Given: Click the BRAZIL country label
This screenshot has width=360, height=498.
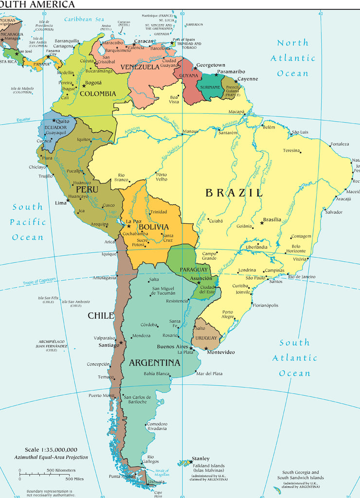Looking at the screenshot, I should tap(234, 193).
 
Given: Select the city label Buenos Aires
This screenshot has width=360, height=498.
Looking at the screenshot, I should tap(172, 347).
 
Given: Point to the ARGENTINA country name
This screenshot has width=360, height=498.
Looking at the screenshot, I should tap(154, 363).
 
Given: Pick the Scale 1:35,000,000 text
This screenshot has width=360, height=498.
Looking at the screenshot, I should tap(51, 450).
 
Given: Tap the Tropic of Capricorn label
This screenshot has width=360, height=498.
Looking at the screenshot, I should tap(39, 282).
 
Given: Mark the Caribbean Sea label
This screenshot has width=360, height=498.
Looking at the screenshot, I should tap(84, 19).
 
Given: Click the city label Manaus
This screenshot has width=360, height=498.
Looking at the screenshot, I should tap(190, 131).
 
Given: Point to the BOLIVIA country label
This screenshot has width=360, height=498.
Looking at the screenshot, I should tap(154, 227).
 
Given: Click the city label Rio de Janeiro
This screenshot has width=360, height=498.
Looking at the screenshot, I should tap(302, 277).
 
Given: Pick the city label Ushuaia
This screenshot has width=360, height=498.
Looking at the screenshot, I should tap(156, 481).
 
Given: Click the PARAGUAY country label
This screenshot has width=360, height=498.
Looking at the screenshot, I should tap(194, 269).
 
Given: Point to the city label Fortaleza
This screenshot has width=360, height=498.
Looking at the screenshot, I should tap(340, 144).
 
